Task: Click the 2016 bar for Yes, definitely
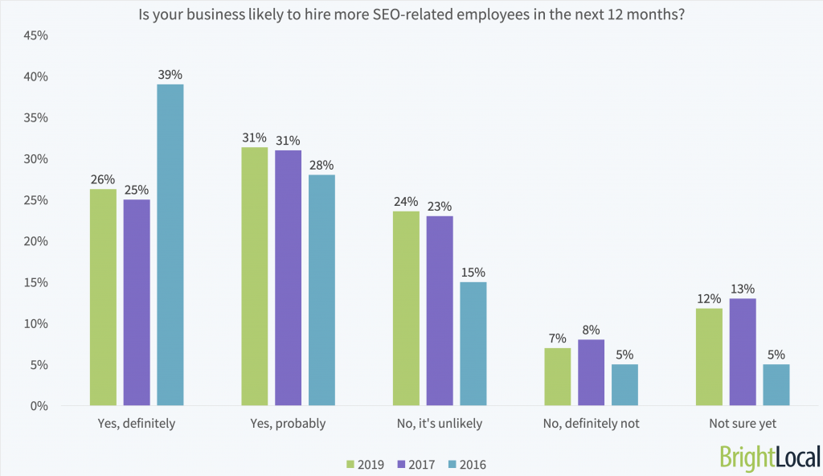click(170, 245)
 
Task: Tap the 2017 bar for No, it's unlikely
click(440, 311)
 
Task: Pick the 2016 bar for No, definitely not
click(624, 385)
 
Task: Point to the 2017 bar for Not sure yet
click(743, 352)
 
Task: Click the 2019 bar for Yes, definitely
click(103, 297)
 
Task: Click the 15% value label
click(473, 272)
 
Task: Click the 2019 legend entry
click(365, 464)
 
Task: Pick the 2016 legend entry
click(468, 464)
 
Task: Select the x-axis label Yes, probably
click(288, 424)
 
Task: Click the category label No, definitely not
click(591, 424)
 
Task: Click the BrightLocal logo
click(770, 456)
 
